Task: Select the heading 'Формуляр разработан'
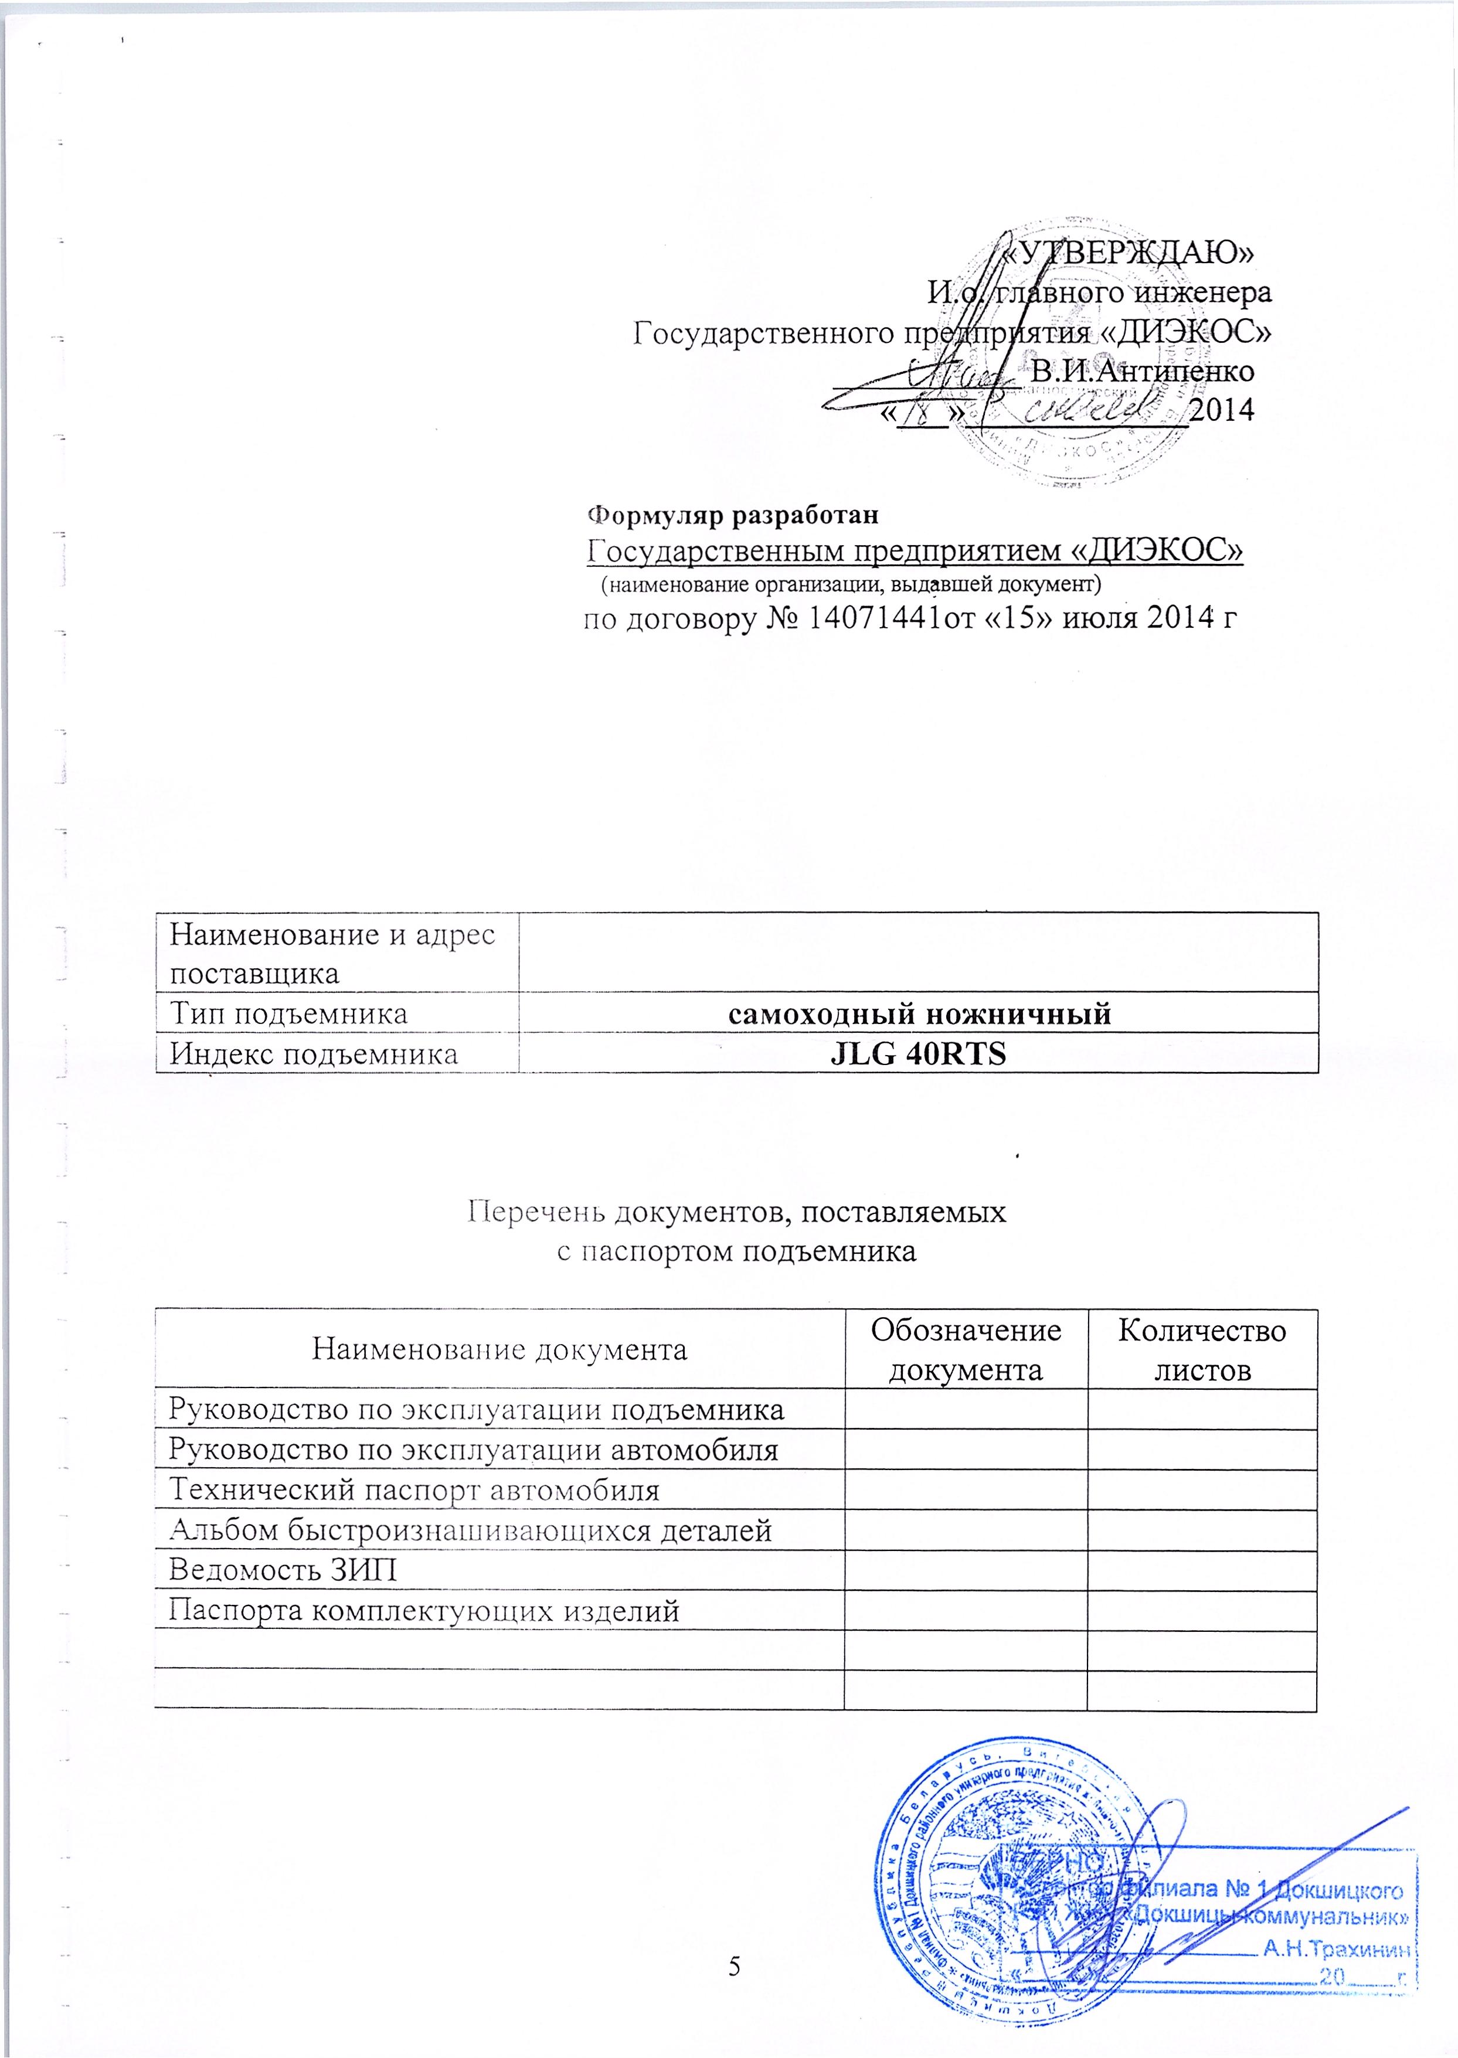[732, 515]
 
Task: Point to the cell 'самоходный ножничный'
[919, 1014]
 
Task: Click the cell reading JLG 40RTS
[919, 1054]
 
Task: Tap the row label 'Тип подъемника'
[289, 1014]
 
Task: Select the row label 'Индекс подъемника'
[314, 1054]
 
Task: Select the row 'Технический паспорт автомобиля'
[415, 1490]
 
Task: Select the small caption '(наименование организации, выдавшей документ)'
[850, 585]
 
